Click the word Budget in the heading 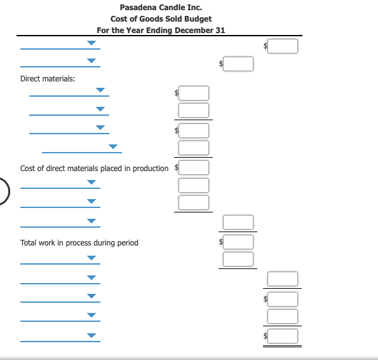(198, 19)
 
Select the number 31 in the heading (220, 30)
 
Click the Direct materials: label (48, 78)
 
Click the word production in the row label (151, 169)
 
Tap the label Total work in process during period (79, 242)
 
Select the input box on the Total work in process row (238, 242)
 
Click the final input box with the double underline (282, 335)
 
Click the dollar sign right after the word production (176, 168)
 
